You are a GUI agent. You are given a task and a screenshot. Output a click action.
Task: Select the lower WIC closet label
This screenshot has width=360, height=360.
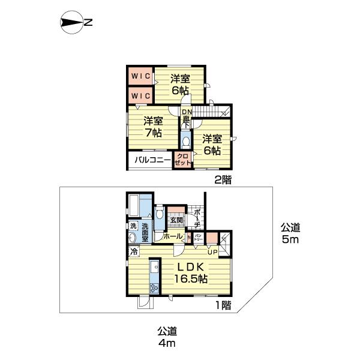140,95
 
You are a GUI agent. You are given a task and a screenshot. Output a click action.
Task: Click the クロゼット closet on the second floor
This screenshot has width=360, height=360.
182,160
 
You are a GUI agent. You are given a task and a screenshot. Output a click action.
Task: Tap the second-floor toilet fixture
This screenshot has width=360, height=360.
186,141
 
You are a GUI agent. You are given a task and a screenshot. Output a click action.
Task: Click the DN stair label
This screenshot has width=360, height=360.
187,112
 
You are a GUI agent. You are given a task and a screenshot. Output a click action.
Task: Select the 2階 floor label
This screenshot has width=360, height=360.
223,179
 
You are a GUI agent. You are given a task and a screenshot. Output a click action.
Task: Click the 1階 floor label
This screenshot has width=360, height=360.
223,305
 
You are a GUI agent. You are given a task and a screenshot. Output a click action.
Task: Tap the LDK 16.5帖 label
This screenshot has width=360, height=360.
191,272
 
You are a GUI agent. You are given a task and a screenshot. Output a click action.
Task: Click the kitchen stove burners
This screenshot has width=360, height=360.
154,288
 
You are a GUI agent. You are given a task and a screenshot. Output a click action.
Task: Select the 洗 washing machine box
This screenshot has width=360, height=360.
133,226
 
